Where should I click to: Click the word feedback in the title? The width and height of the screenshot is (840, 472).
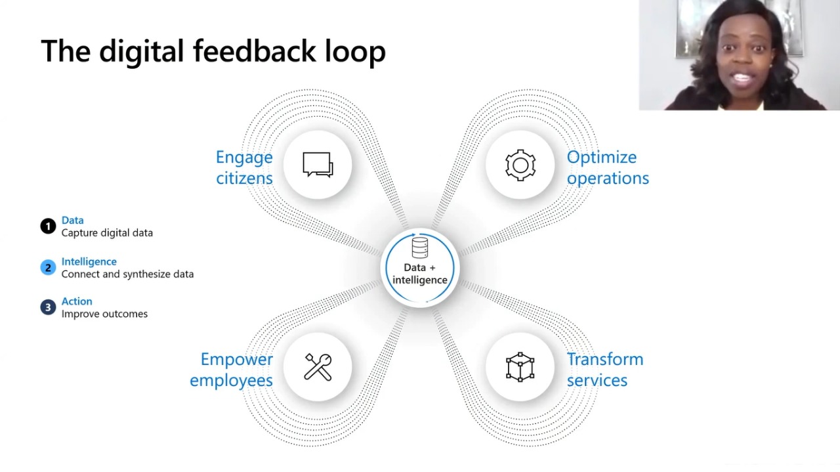[254, 51]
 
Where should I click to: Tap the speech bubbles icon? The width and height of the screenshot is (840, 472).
[318, 164]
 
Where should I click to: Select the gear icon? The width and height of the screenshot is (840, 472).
[520, 165]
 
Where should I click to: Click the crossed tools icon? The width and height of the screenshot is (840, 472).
[318, 367]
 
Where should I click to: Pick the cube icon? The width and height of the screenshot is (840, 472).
[520, 367]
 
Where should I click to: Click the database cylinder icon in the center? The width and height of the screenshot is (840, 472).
[419, 247]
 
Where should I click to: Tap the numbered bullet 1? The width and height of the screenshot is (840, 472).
[48, 226]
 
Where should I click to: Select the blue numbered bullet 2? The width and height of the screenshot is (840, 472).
[48, 268]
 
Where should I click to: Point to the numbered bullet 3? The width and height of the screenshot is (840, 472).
[48, 307]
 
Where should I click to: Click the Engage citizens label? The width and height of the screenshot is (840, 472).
[244, 167]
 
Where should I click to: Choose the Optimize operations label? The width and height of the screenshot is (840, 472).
[608, 167]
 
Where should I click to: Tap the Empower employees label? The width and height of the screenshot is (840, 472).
[232, 370]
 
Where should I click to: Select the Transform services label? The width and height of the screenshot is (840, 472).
[605, 370]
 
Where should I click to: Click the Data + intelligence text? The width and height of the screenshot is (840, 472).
[419, 274]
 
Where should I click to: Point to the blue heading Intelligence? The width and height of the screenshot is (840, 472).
[89, 261]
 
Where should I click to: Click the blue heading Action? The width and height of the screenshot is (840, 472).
[77, 301]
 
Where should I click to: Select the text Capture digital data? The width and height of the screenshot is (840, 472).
[107, 233]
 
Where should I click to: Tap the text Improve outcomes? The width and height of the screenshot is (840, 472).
[104, 314]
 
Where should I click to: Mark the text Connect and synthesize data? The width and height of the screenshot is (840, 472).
[127, 274]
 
